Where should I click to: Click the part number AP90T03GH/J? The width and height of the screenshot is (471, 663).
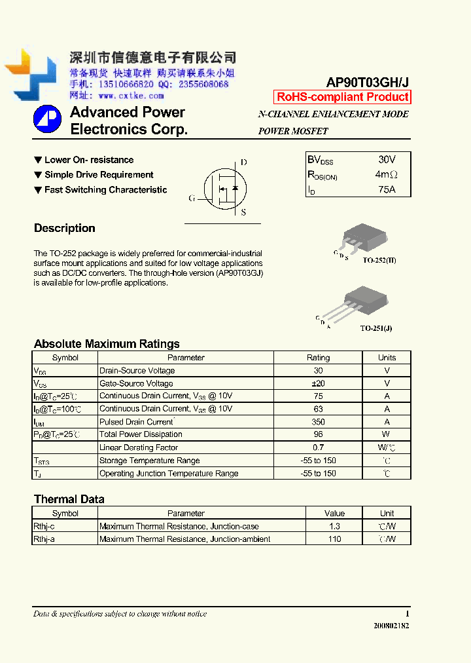click(x=368, y=82)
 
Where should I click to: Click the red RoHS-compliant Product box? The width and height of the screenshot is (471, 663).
click(x=343, y=97)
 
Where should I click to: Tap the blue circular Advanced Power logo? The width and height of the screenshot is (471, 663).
click(x=47, y=119)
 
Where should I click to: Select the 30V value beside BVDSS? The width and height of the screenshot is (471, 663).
click(x=387, y=160)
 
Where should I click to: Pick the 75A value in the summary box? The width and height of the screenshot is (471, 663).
click(x=387, y=189)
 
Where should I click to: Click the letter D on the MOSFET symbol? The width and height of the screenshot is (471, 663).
click(x=243, y=162)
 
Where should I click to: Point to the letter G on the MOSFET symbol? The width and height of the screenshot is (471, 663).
click(x=192, y=198)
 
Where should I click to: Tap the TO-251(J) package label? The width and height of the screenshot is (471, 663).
click(x=376, y=328)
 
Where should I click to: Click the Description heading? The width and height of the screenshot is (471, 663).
click(x=65, y=229)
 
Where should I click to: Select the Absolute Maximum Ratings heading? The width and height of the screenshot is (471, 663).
click(x=107, y=344)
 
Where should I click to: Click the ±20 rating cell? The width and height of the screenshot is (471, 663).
click(x=318, y=383)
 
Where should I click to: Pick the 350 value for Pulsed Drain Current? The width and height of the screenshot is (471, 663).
click(x=318, y=422)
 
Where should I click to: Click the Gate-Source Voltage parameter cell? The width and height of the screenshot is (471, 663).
click(x=136, y=383)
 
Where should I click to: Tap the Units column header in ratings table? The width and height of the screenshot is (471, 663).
click(x=387, y=358)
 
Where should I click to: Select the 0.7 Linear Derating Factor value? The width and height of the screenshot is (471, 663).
click(x=318, y=447)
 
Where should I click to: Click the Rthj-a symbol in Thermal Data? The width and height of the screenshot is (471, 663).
click(x=45, y=539)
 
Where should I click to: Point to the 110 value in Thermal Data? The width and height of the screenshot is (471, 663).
click(x=334, y=539)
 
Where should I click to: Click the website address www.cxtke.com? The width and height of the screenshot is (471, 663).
click(x=131, y=96)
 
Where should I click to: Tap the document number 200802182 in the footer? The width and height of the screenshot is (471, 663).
click(x=391, y=626)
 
